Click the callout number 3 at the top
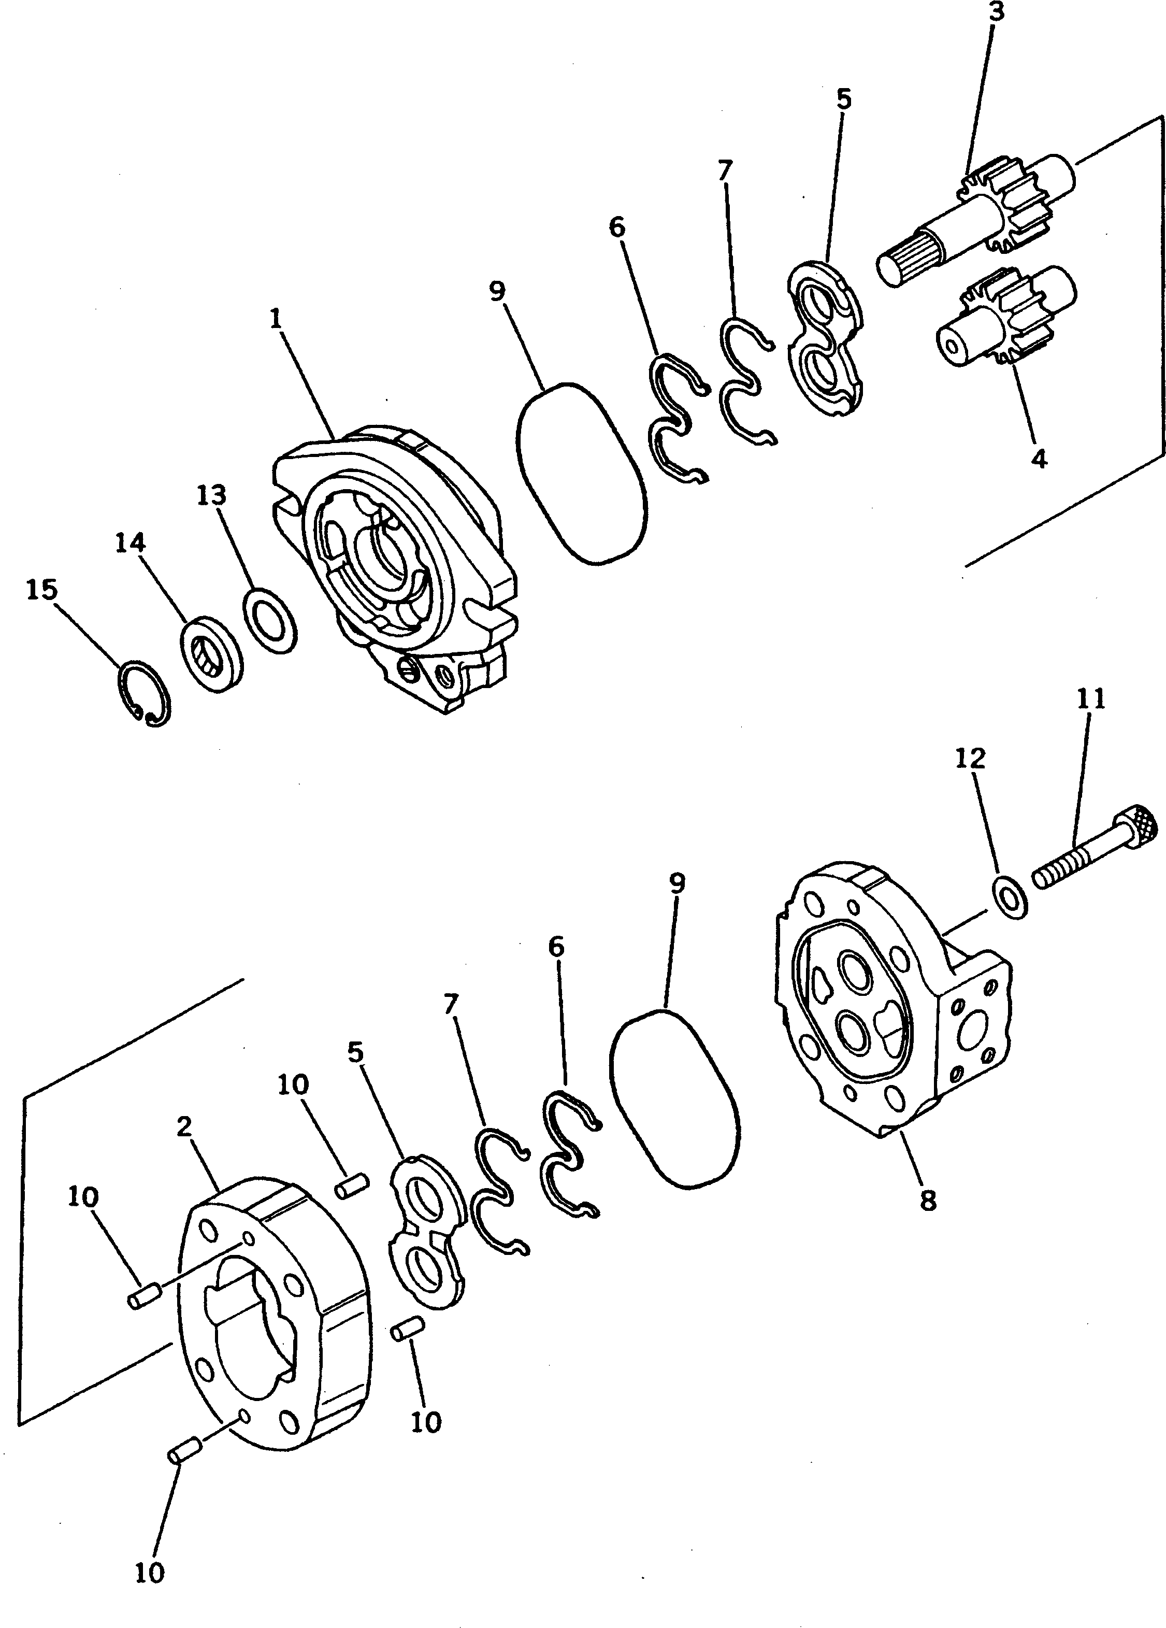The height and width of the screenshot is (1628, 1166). coord(997,13)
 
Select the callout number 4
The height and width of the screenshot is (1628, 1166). coord(1038,458)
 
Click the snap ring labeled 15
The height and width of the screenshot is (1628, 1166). coord(144,693)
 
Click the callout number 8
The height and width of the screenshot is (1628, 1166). coord(928,1200)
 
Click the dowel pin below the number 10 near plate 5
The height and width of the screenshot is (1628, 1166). coord(352,1185)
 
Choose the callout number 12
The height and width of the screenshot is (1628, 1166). coord(970,758)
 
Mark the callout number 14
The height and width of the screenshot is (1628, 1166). coord(130,544)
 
